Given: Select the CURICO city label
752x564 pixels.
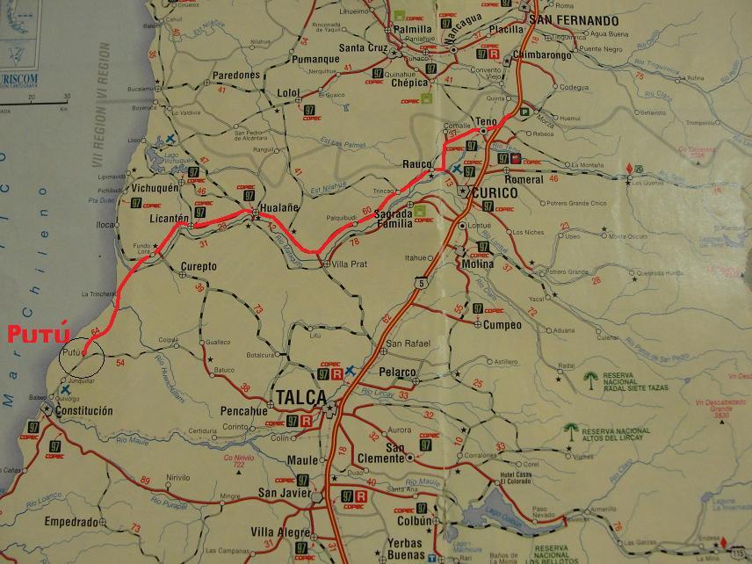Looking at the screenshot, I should tap(500, 193).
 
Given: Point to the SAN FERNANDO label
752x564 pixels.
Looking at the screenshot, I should tap(570, 20).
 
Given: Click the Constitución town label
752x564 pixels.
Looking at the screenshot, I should tap(84, 410).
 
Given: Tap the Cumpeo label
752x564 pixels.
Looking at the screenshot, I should tap(503, 325).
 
